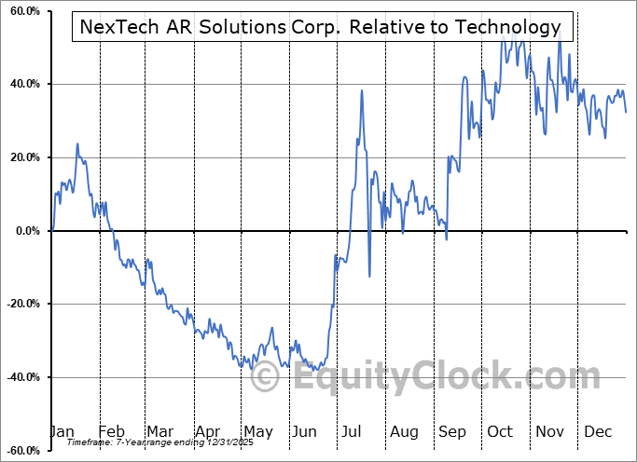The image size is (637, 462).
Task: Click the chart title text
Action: [x=321, y=27]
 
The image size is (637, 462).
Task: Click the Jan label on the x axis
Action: [x=62, y=431]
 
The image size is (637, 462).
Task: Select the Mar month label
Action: [x=159, y=431]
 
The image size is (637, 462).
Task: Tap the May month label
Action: [x=257, y=431]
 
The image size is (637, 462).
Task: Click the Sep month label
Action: [x=451, y=431]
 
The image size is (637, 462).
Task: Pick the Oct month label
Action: [x=500, y=431]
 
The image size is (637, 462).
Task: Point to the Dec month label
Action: [x=597, y=431]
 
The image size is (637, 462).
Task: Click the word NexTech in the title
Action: [x=118, y=27]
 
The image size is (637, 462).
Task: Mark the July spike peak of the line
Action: [x=361, y=90]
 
